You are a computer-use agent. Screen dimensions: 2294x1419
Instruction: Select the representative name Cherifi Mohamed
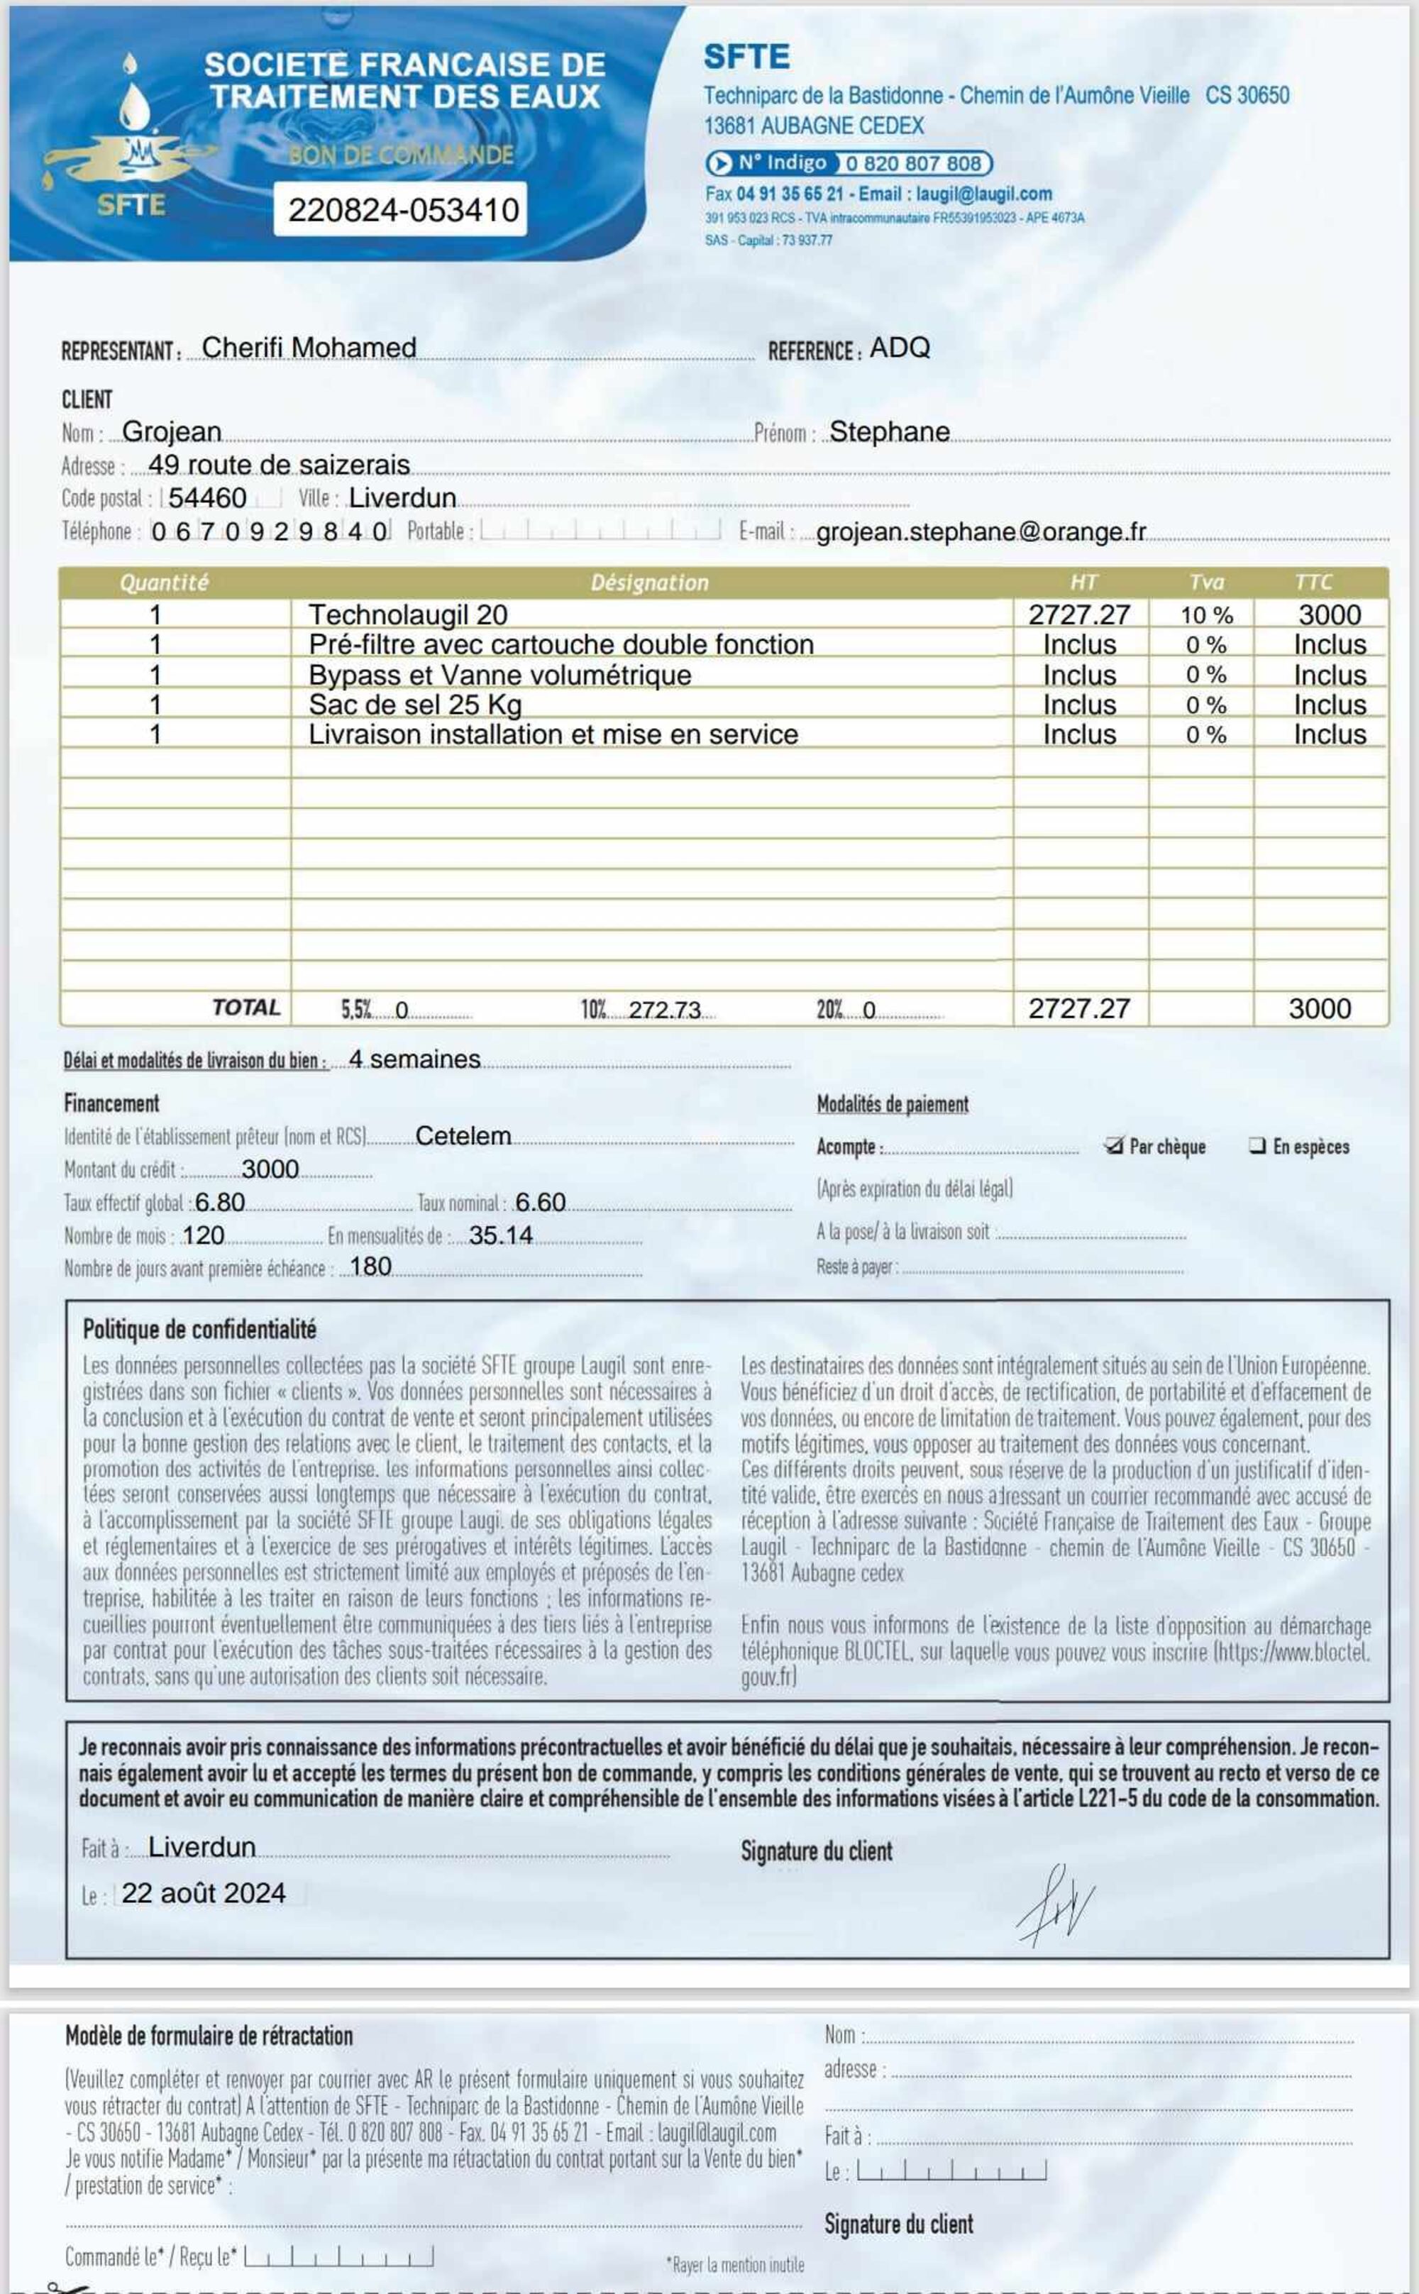point(309,347)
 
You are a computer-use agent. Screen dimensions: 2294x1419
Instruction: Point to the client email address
point(981,531)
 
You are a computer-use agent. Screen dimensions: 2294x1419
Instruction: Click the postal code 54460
point(207,497)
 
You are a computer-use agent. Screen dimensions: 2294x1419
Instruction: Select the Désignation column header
point(649,583)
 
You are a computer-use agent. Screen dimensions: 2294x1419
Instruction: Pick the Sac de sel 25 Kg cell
point(415,704)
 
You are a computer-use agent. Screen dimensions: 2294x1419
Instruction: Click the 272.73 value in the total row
point(665,1009)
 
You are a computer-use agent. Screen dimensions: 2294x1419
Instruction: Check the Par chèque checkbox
point(1114,1145)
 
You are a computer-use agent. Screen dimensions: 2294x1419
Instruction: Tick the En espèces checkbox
point(1257,1145)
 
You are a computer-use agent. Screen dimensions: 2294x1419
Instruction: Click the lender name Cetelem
point(463,1136)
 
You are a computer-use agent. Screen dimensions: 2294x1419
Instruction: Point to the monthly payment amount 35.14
point(500,1235)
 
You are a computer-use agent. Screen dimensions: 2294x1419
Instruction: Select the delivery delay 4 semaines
point(414,1059)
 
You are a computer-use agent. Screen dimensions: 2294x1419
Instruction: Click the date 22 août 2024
point(204,1892)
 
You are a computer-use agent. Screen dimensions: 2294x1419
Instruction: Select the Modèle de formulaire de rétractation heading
point(209,2036)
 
